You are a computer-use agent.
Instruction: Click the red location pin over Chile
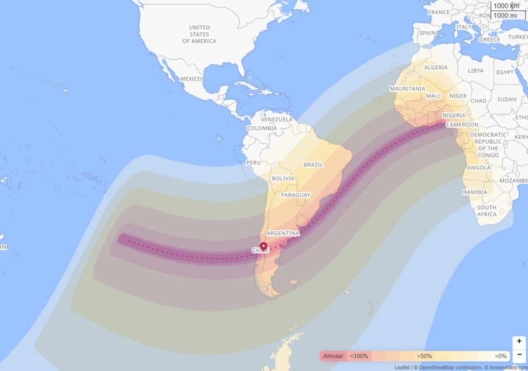pos(263,247)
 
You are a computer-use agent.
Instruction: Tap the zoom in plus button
pos(519,342)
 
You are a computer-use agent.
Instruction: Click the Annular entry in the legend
pos(333,356)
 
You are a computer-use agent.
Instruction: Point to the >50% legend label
pos(424,356)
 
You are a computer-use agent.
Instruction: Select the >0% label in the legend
pos(500,356)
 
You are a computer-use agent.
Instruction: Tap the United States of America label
pos(199,34)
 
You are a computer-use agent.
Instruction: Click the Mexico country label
pos(191,79)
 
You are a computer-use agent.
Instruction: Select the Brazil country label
pos(313,165)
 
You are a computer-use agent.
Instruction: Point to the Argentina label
pos(283,233)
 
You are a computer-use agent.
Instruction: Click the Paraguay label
pos(295,195)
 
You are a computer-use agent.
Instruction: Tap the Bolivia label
pos(283,178)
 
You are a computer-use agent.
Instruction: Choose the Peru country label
pos(253,162)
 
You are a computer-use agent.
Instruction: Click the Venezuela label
pos(276,120)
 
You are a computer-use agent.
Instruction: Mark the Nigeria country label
pos(454,115)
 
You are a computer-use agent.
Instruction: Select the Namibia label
pos(475,192)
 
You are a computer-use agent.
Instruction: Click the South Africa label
pos(487,211)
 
